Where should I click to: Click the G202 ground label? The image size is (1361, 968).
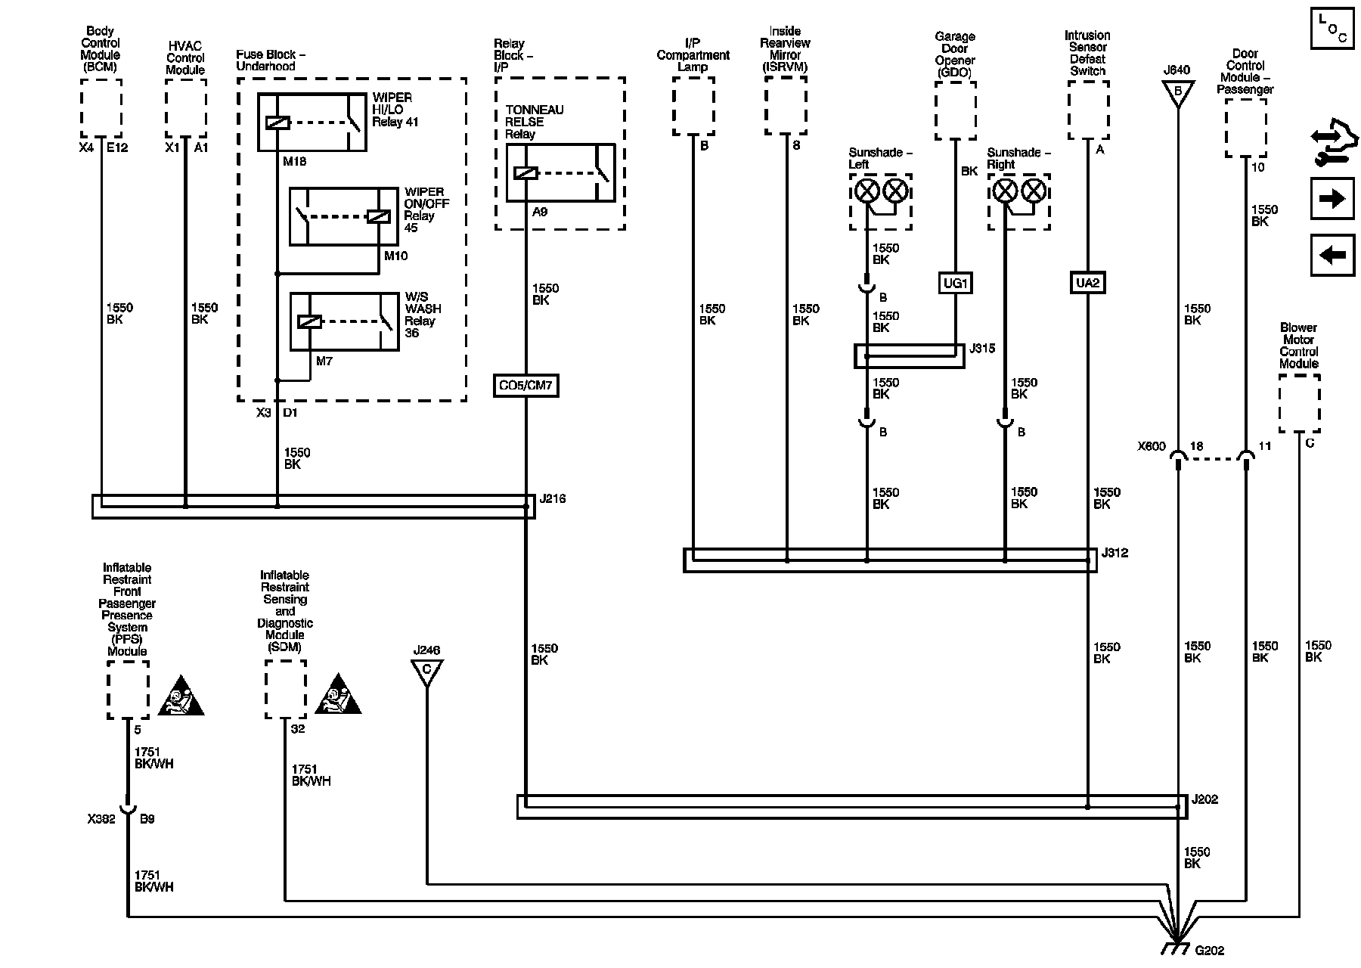point(1209,951)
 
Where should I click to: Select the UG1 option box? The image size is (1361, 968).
point(956,283)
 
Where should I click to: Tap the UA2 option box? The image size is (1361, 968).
point(1087,283)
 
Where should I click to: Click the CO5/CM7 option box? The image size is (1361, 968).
point(525,386)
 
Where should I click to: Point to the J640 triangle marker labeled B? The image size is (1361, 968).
point(1177,92)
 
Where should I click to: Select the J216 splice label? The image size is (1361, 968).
point(553,499)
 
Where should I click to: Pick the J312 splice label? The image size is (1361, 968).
point(1115,553)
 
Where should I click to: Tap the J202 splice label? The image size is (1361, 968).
point(1205,799)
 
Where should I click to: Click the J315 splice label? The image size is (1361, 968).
point(983,349)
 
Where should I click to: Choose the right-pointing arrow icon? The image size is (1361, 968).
point(1332,199)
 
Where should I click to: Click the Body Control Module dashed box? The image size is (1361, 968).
point(101,109)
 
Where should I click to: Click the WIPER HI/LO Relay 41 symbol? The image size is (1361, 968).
point(312,123)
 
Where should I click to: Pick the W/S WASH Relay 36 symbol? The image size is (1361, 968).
point(344,321)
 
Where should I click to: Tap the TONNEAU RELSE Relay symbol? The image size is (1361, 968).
point(560,172)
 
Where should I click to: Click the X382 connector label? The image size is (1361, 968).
point(101,819)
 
